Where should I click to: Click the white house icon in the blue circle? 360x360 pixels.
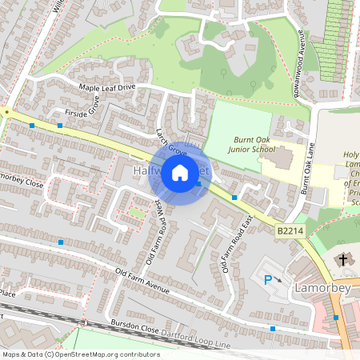(x=180, y=171)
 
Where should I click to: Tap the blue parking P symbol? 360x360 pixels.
(x=268, y=279)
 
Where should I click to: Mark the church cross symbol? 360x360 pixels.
(x=345, y=259)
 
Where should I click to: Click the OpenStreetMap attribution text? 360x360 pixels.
(x=80, y=354)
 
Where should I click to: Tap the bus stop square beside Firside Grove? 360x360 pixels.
(x=60, y=125)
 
